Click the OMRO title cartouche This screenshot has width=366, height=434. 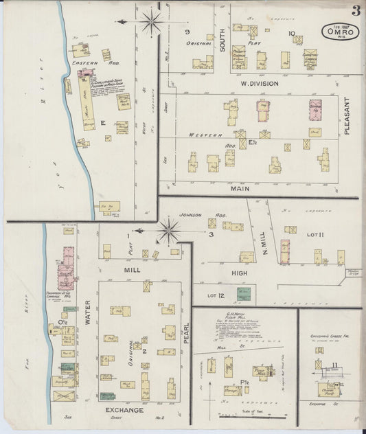tap(335, 32)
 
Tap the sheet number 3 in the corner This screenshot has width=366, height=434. tap(356, 10)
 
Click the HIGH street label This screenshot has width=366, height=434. tap(240, 273)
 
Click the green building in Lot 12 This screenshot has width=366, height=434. tap(243, 295)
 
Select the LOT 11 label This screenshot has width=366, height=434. tap(315, 235)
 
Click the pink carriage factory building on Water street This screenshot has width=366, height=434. tap(69, 264)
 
